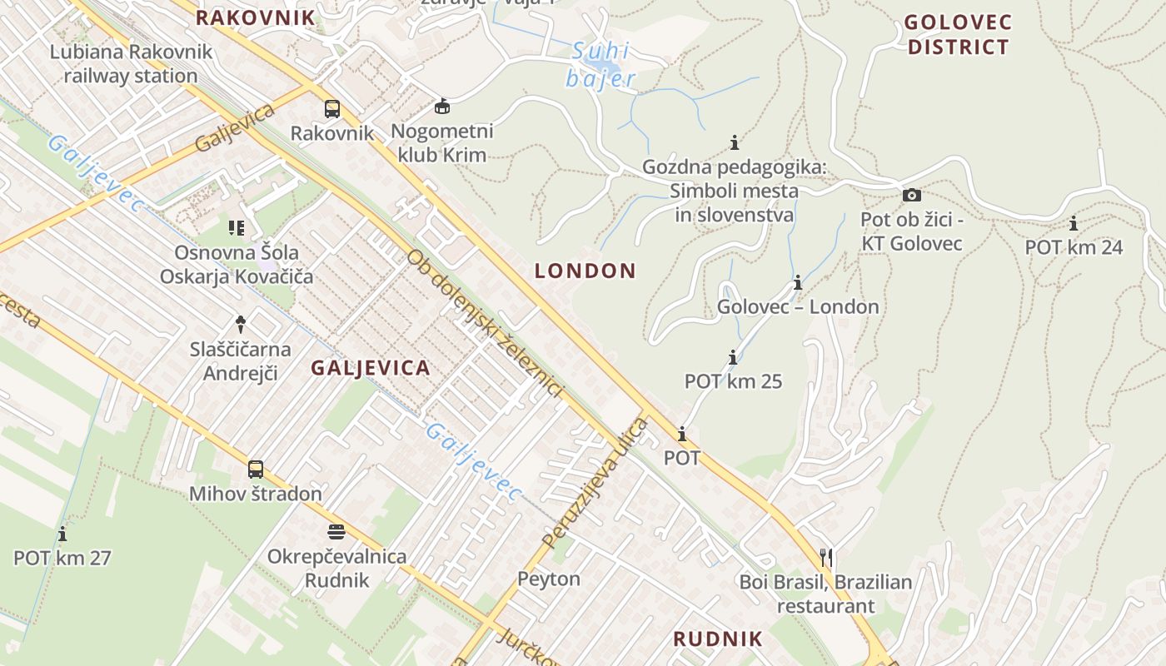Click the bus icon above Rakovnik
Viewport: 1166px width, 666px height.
332,108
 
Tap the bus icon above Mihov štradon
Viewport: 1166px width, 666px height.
256,470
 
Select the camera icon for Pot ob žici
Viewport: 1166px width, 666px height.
912,195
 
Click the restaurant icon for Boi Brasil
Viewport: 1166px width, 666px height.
826,557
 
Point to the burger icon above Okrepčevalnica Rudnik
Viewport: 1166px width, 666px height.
336,531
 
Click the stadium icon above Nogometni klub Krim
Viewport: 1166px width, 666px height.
442,106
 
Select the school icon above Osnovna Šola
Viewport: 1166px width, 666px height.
237,226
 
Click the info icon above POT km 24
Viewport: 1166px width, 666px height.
1074,223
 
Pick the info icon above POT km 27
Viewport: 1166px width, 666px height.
62,533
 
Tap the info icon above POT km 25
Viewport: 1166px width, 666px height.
733,357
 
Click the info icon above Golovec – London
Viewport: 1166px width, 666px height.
798,282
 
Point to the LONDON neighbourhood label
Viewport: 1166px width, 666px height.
585,271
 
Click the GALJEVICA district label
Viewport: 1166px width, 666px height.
371,368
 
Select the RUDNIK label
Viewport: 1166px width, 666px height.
717,639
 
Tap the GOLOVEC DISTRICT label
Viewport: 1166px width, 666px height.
958,34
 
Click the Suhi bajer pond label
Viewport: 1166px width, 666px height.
600,64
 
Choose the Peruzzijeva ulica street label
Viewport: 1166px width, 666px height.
594,483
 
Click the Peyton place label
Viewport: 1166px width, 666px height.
549,579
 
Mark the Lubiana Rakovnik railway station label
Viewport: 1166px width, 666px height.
131,63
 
